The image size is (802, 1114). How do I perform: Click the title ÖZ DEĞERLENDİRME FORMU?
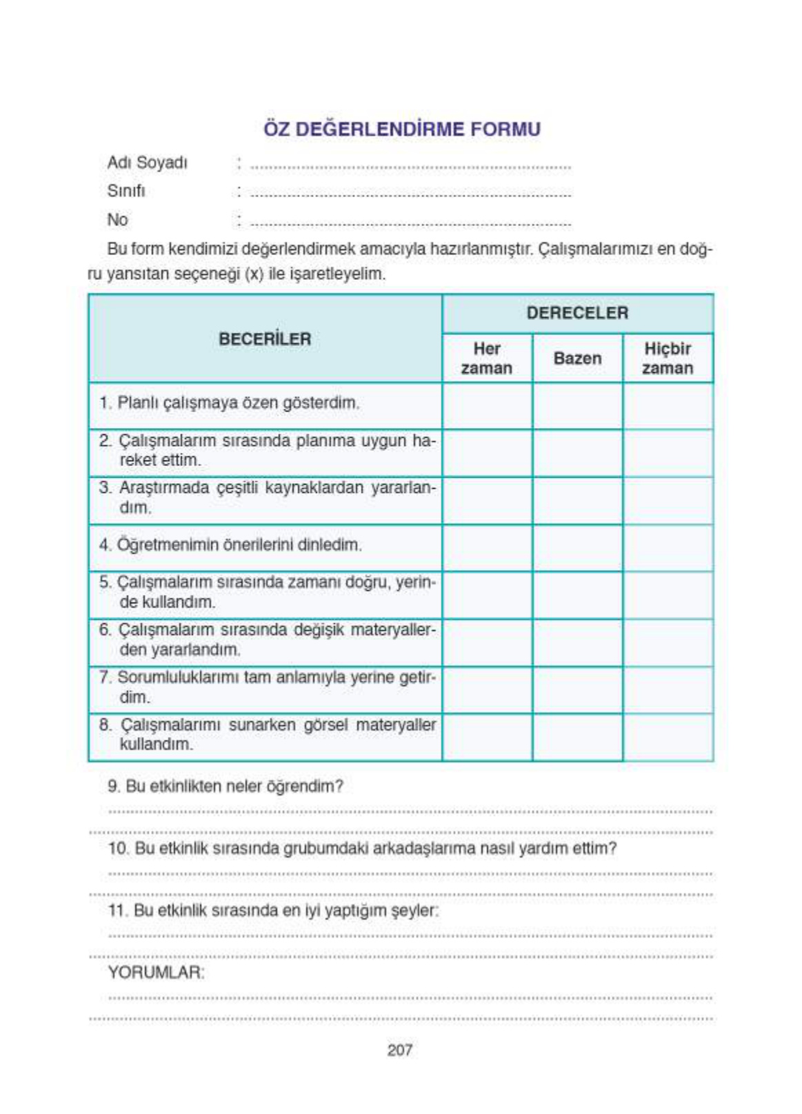click(401, 129)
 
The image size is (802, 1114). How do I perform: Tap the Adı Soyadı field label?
click(147, 163)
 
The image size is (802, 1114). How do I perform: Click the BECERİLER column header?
click(265, 338)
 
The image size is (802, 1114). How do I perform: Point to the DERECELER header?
click(577, 313)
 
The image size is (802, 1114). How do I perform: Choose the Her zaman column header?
click(486, 358)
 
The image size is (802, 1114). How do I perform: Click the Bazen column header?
click(577, 358)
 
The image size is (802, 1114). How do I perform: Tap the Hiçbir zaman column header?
click(667, 358)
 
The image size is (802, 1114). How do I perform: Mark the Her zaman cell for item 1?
click(487, 405)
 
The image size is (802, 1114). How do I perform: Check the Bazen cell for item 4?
click(577, 547)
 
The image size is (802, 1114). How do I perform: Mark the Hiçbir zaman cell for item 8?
click(668, 737)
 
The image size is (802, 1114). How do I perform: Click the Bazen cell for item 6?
click(577, 642)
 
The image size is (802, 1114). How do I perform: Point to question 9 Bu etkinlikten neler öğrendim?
click(225, 787)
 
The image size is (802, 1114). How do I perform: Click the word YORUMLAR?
click(156, 973)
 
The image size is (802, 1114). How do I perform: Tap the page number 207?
click(400, 1050)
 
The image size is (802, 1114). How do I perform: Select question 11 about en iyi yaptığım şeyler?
click(273, 911)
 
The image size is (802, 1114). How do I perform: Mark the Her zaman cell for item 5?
click(487, 594)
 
